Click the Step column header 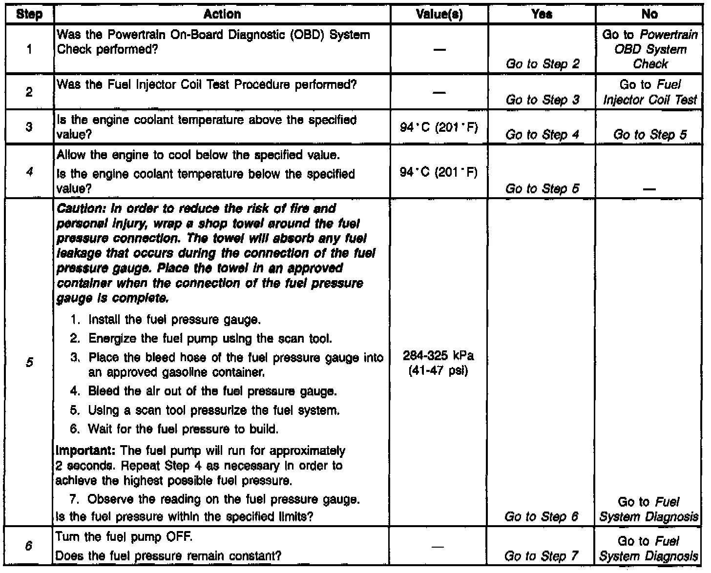pos(29,15)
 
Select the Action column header pos(222,15)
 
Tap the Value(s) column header pos(439,15)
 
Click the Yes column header pos(542,15)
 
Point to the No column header pos(649,15)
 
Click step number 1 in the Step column pos(29,49)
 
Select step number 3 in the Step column pos(29,127)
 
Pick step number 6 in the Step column pos(29,547)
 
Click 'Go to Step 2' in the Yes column pos(542,64)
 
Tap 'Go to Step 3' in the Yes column pos(542,100)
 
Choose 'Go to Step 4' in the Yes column pos(542,135)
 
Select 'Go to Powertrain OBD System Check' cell pos(650,49)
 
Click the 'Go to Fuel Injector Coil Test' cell pos(650,92)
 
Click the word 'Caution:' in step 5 pos(74,209)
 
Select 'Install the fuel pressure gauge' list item pos(174,320)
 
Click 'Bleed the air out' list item pos(212,391)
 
